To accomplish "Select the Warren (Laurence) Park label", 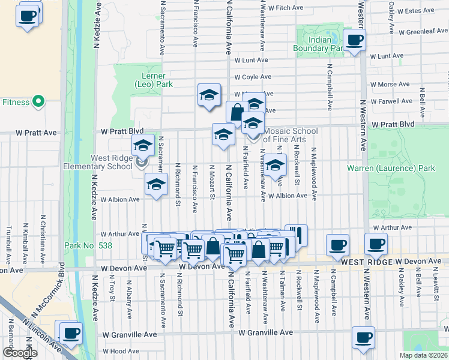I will click(x=391, y=169).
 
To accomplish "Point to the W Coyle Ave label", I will click(x=253, y=77).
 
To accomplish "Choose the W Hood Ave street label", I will click(x=121, y=351).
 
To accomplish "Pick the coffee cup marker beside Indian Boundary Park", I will click(x=355, y=41).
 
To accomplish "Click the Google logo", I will click(x=20, y=353).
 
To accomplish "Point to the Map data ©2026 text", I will click(x=423, y=355).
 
